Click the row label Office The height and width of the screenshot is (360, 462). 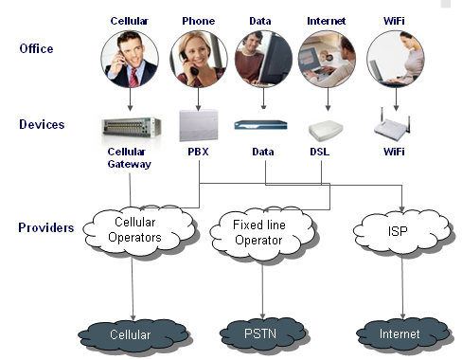coord(37,49)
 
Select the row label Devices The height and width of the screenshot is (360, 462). coord(41,125)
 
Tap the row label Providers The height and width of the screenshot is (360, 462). coord(46,227)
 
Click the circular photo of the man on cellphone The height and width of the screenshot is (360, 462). coord(130,56)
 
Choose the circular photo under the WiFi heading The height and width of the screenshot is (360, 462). coord(395,56)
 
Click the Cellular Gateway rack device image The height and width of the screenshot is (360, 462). coord(130,125)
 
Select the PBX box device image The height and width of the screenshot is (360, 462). coord(199,125)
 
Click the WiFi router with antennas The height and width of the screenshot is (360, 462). coord(396,123)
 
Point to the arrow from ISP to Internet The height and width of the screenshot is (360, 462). coord(405,284)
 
